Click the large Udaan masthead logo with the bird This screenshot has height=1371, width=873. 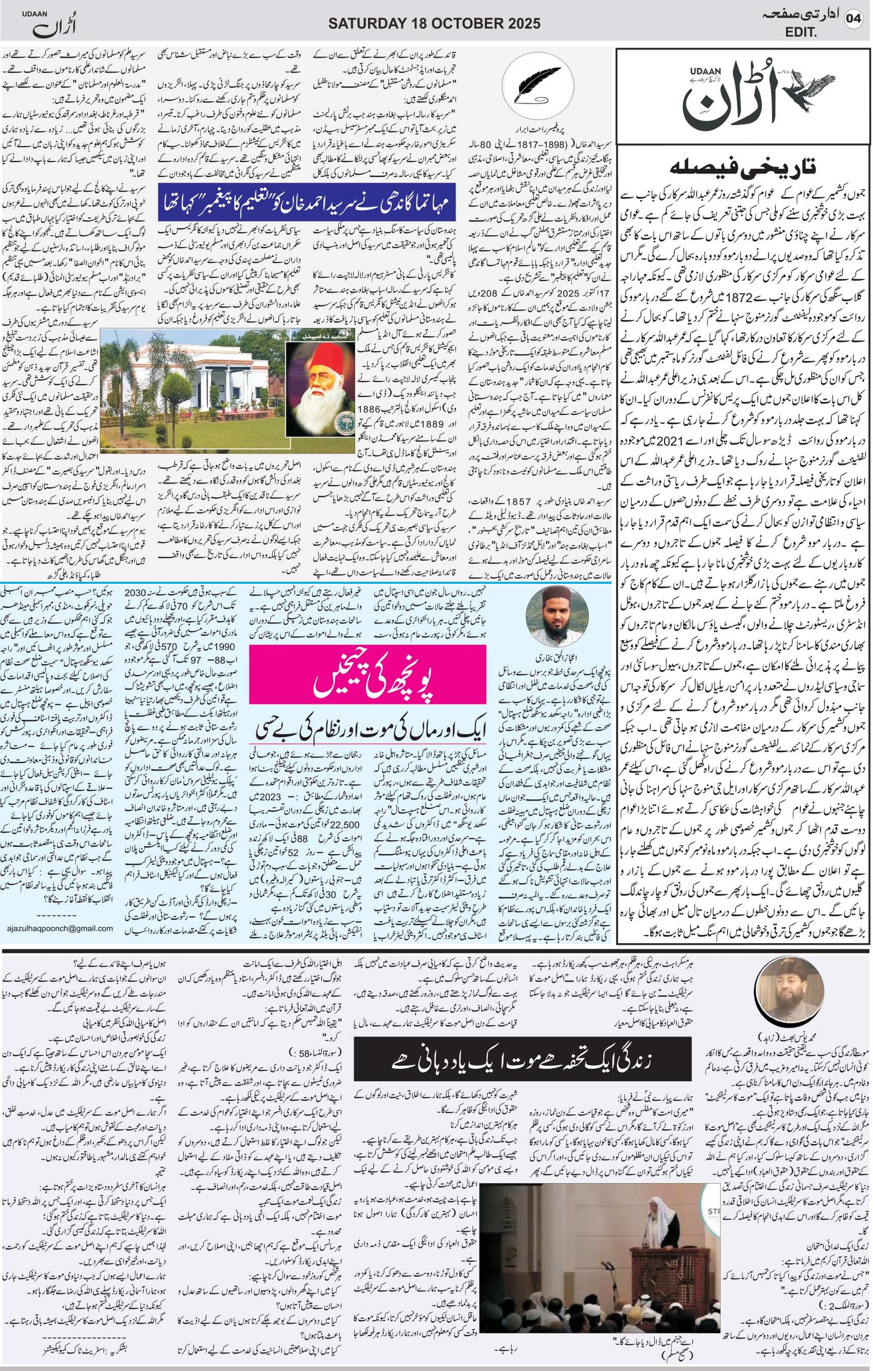[742, 94]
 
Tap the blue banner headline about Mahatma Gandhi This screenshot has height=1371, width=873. [307, 202]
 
